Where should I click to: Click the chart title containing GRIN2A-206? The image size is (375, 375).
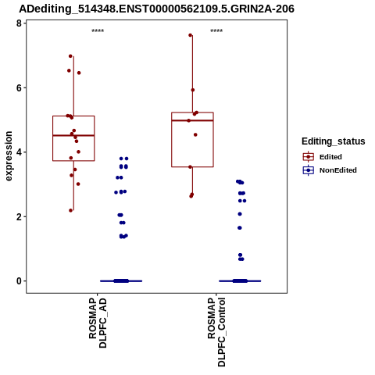coord(156,9)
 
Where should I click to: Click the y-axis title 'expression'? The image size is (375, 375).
coord(9,156)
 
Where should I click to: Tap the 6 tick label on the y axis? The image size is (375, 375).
coord(19,87)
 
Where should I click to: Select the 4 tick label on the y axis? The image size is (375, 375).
coord(19,152)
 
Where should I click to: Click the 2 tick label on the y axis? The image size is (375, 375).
coord(19,216)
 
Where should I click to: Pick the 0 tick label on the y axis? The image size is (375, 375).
coord(19,281)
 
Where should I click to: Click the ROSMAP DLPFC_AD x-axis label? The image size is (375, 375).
coord(98,323)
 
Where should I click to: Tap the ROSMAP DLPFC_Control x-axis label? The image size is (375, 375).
coord(216,332)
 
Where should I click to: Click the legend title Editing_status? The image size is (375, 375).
coord(334,141)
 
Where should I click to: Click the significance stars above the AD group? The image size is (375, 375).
coord(98,30)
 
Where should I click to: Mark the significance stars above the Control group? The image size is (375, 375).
coord(216,30)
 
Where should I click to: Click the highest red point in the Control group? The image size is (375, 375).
coord(191,35)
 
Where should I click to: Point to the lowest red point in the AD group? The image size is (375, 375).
coord(71,210)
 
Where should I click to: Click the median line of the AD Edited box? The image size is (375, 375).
coord(73,135)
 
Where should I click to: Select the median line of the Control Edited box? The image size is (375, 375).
coord(192,120)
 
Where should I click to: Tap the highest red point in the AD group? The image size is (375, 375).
coord(70,56)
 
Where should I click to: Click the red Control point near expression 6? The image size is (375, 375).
coord(193,90)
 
